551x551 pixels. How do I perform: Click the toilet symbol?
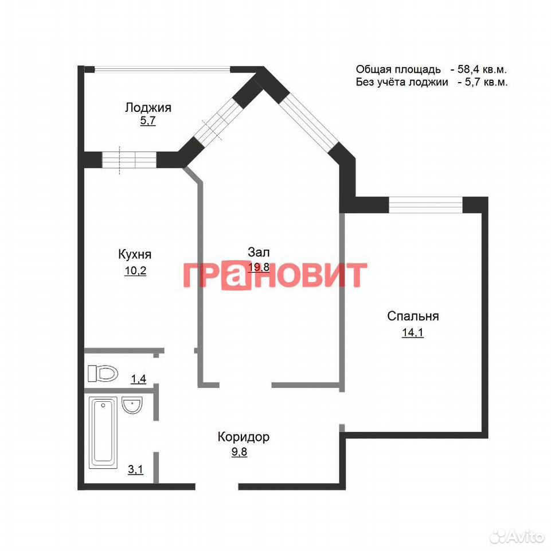tap(103, 373)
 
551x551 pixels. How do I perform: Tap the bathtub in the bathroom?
tap(103, 432)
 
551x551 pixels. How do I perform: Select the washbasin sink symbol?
tap(132, 405)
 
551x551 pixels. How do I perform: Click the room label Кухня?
tap(135, 254)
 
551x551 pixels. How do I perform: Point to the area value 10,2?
tap(135, 270)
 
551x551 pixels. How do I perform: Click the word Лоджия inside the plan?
tap(148, 107)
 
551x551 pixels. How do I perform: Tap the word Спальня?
tap(413, 316)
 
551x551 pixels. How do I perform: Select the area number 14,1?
tap(413, 332)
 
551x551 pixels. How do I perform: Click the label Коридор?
tap(244, 437)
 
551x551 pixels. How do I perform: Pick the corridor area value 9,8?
tap(239, 452)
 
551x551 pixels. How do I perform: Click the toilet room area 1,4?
tap(138, 379)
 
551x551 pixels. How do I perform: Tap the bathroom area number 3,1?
tap(136, 469)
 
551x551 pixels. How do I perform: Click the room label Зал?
tap(259, 252)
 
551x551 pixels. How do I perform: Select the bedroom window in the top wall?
tap(425, 205)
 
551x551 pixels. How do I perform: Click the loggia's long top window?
tap(162, 69)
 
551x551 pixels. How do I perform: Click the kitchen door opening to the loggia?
tap(129, 160)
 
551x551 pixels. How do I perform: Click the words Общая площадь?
tap(398, 69)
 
